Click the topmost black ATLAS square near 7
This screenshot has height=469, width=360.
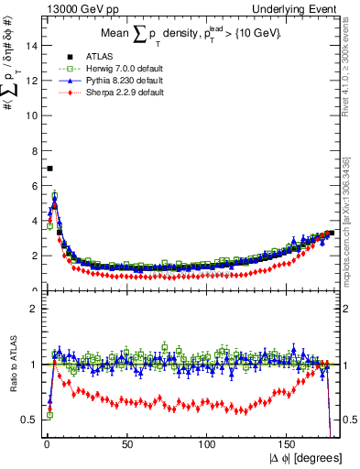coord(49,169)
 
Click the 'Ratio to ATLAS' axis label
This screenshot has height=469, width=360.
coord(13,365)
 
